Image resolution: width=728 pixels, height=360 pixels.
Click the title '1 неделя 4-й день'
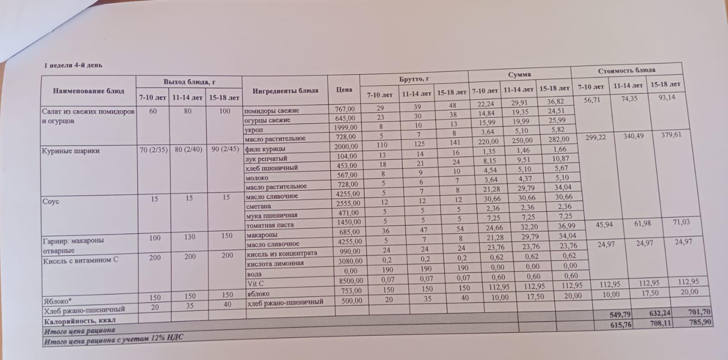coord(73,65)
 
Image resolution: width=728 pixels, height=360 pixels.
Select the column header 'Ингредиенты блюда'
coord(285,91)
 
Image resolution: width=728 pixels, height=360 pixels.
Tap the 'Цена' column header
coord(344,90)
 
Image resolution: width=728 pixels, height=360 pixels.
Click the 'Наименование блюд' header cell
coord(89,91)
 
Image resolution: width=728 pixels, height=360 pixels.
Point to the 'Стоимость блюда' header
coord(627,71)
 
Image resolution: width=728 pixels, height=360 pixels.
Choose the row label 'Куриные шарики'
coord(71,151)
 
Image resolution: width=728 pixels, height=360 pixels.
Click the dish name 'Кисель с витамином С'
coord(81,260)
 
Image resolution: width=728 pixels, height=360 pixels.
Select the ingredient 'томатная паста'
coord(270,225)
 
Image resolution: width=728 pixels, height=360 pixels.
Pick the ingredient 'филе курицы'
coord(265,149)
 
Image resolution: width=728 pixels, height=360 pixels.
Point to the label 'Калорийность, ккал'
coord(80,320)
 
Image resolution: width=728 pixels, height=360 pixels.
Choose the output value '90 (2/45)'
coord(225,149)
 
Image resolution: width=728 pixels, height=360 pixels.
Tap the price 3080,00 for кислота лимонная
coord(350,261)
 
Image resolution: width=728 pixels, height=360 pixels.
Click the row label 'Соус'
coord(51,201)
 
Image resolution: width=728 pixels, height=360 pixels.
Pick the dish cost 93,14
coord(667,97)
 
